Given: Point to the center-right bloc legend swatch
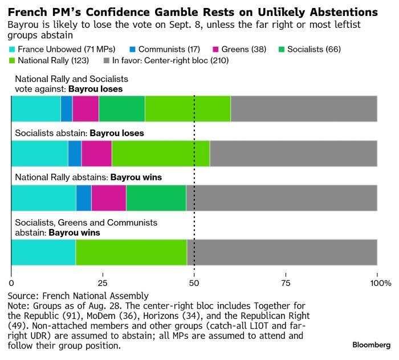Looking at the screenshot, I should click(107, 60).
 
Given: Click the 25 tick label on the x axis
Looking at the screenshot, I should click(103, 283).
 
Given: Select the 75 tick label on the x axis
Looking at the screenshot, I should click(286, 283).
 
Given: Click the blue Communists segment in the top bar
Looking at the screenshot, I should click(66, 109).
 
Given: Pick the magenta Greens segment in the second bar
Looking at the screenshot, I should click(96, 154).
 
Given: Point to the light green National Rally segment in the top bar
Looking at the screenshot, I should click(188, 109).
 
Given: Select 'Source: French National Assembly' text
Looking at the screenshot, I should click(79, 296).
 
